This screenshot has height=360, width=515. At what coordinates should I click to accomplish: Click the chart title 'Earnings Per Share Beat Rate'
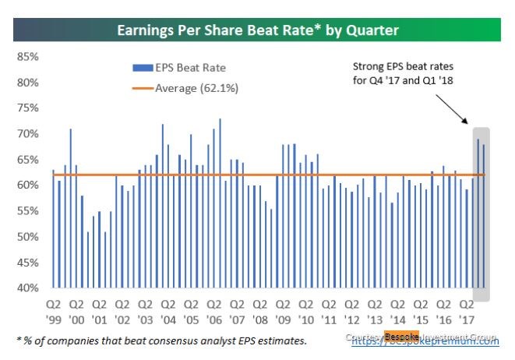pos(257,31)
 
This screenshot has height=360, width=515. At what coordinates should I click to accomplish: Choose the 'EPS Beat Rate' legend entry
pos(187,68)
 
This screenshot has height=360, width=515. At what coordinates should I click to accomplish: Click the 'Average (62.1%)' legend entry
pos(195,88)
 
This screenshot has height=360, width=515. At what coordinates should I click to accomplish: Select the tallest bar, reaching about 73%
pos(220,203)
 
